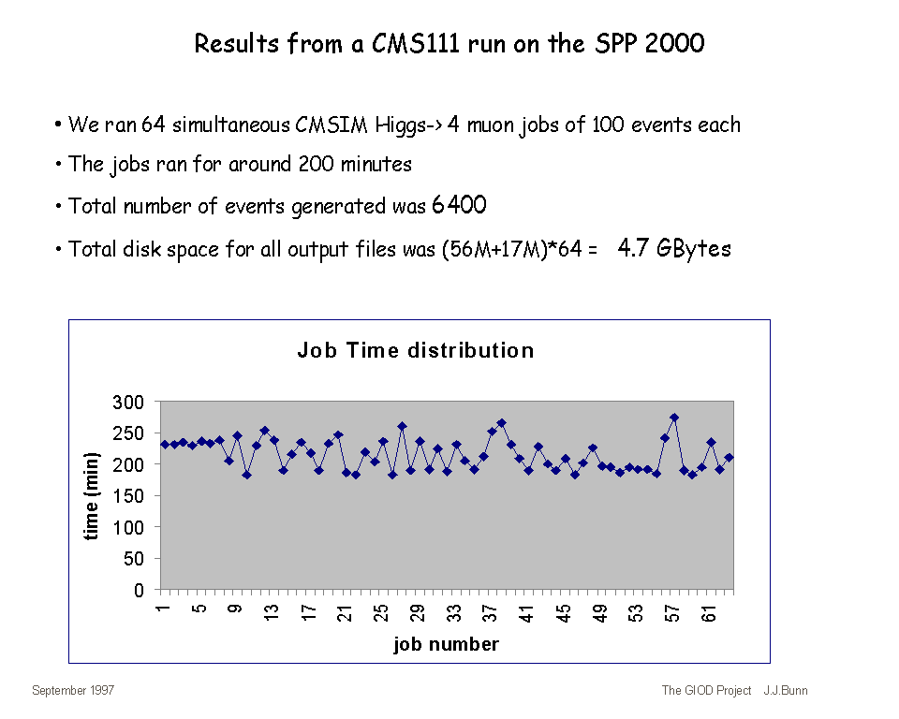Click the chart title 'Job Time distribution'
tap(415, 351)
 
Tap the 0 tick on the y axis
tap(140, 591)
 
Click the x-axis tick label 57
tap(672, 614)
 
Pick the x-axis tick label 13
tap(272, 614)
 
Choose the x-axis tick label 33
tap(454, 614)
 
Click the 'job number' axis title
tap(446, 644)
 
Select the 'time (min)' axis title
tap(92, 496)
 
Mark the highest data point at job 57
tap(674, 418)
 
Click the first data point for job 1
tap(165, 445)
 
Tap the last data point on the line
tap(729, 457)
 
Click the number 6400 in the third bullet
tap(459, 206)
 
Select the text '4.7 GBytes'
tap(674, 248)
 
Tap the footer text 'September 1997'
tap(73, 691)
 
